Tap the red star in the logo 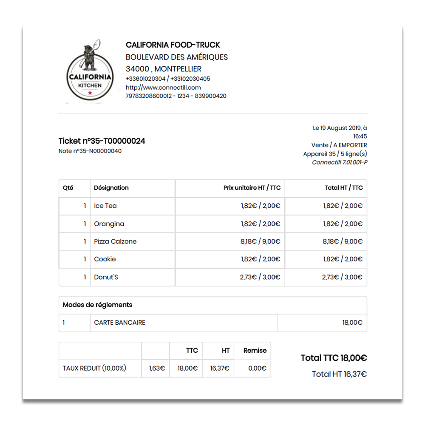(90, 93)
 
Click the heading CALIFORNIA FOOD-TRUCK (173, 45)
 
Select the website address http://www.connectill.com (163, 88)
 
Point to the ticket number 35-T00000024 (102, 141)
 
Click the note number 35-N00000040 (90, 151)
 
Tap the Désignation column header (111, 188)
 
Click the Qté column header (68, 188)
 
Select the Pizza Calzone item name (115, 241)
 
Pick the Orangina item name (109, 224)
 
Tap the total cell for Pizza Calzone (343, 241)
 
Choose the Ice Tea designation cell (105, 206)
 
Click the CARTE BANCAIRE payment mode (119, 323)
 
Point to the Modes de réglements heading (97, 305)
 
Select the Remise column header (255, 351)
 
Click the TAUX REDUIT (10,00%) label (94, 368)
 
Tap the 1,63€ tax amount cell (157, 368)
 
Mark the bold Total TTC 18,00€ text (334, 358)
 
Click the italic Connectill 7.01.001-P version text (340, 162)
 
